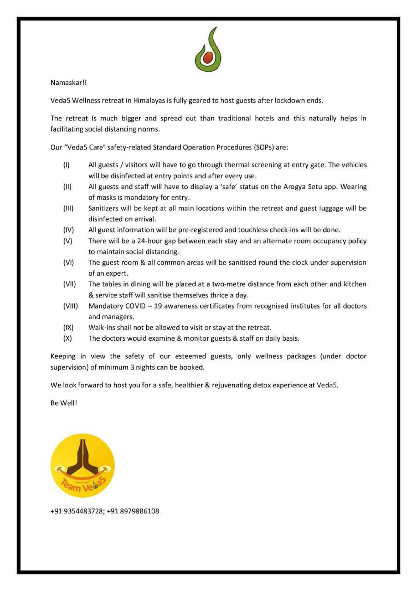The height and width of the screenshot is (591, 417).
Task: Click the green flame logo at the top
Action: pos(208,50)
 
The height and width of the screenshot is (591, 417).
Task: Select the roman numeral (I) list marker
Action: pos(66,165)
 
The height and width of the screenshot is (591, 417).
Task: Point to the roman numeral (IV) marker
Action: pos(67,230)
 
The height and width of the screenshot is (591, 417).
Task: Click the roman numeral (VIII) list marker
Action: pos(71,306)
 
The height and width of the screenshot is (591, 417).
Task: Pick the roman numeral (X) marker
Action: pos(67,338)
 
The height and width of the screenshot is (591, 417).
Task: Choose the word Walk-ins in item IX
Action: pos(101,328)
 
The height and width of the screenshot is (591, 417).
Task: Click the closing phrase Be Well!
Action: pos(64,403)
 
